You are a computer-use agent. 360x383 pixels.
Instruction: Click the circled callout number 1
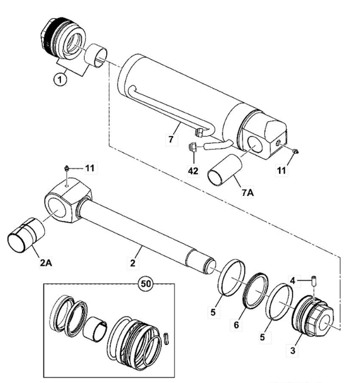coord(60,79)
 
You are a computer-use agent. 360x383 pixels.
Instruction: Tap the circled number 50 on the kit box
coord(145,284)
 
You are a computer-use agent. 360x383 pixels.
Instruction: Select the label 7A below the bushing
coord(248,193)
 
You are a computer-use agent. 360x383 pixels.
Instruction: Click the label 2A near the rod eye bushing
coord(46,263)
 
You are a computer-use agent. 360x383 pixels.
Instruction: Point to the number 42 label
coord(193,171)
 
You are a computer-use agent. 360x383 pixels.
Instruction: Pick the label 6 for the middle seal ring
coord(236,325)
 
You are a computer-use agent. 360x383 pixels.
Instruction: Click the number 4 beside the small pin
coord(292,281)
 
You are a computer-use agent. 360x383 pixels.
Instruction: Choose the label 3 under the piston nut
coord(292,351)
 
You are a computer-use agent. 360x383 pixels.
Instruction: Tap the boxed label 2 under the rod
coord(133,263)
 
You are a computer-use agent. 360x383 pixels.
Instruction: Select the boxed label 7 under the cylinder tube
coord(171,139)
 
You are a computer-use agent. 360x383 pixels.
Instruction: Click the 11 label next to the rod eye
coord(90,168)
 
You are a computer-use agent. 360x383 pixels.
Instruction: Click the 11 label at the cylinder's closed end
coord(282,170)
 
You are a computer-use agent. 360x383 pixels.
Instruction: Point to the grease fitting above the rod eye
coord(66,168)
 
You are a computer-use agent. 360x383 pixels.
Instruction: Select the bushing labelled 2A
coord(26,235)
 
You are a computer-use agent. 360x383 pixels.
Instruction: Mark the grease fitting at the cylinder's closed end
coord(295,152)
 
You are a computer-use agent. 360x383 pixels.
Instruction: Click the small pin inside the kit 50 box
coord(167,338)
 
